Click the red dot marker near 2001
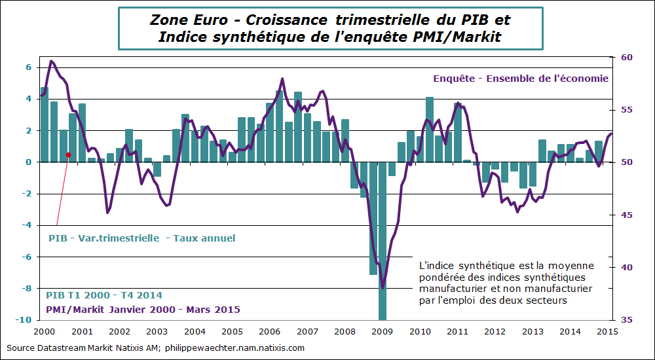tap(67, 155)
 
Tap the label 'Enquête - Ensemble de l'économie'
tap(521, 79)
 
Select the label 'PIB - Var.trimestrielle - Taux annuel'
tap(142, 238)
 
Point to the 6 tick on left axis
tap(28, 67)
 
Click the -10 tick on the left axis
tap(24, 320)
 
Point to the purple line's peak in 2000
tap(52, 61)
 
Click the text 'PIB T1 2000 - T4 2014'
tap(104, 295)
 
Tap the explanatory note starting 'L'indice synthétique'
tap(506, 283)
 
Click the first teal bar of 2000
tap(44, 124)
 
